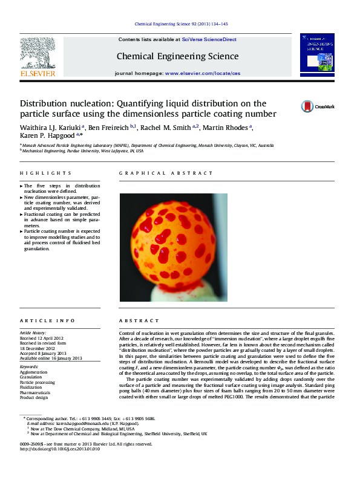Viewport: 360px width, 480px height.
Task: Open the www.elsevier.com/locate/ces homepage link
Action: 202,73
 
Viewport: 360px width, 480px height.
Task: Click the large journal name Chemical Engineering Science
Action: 177,57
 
